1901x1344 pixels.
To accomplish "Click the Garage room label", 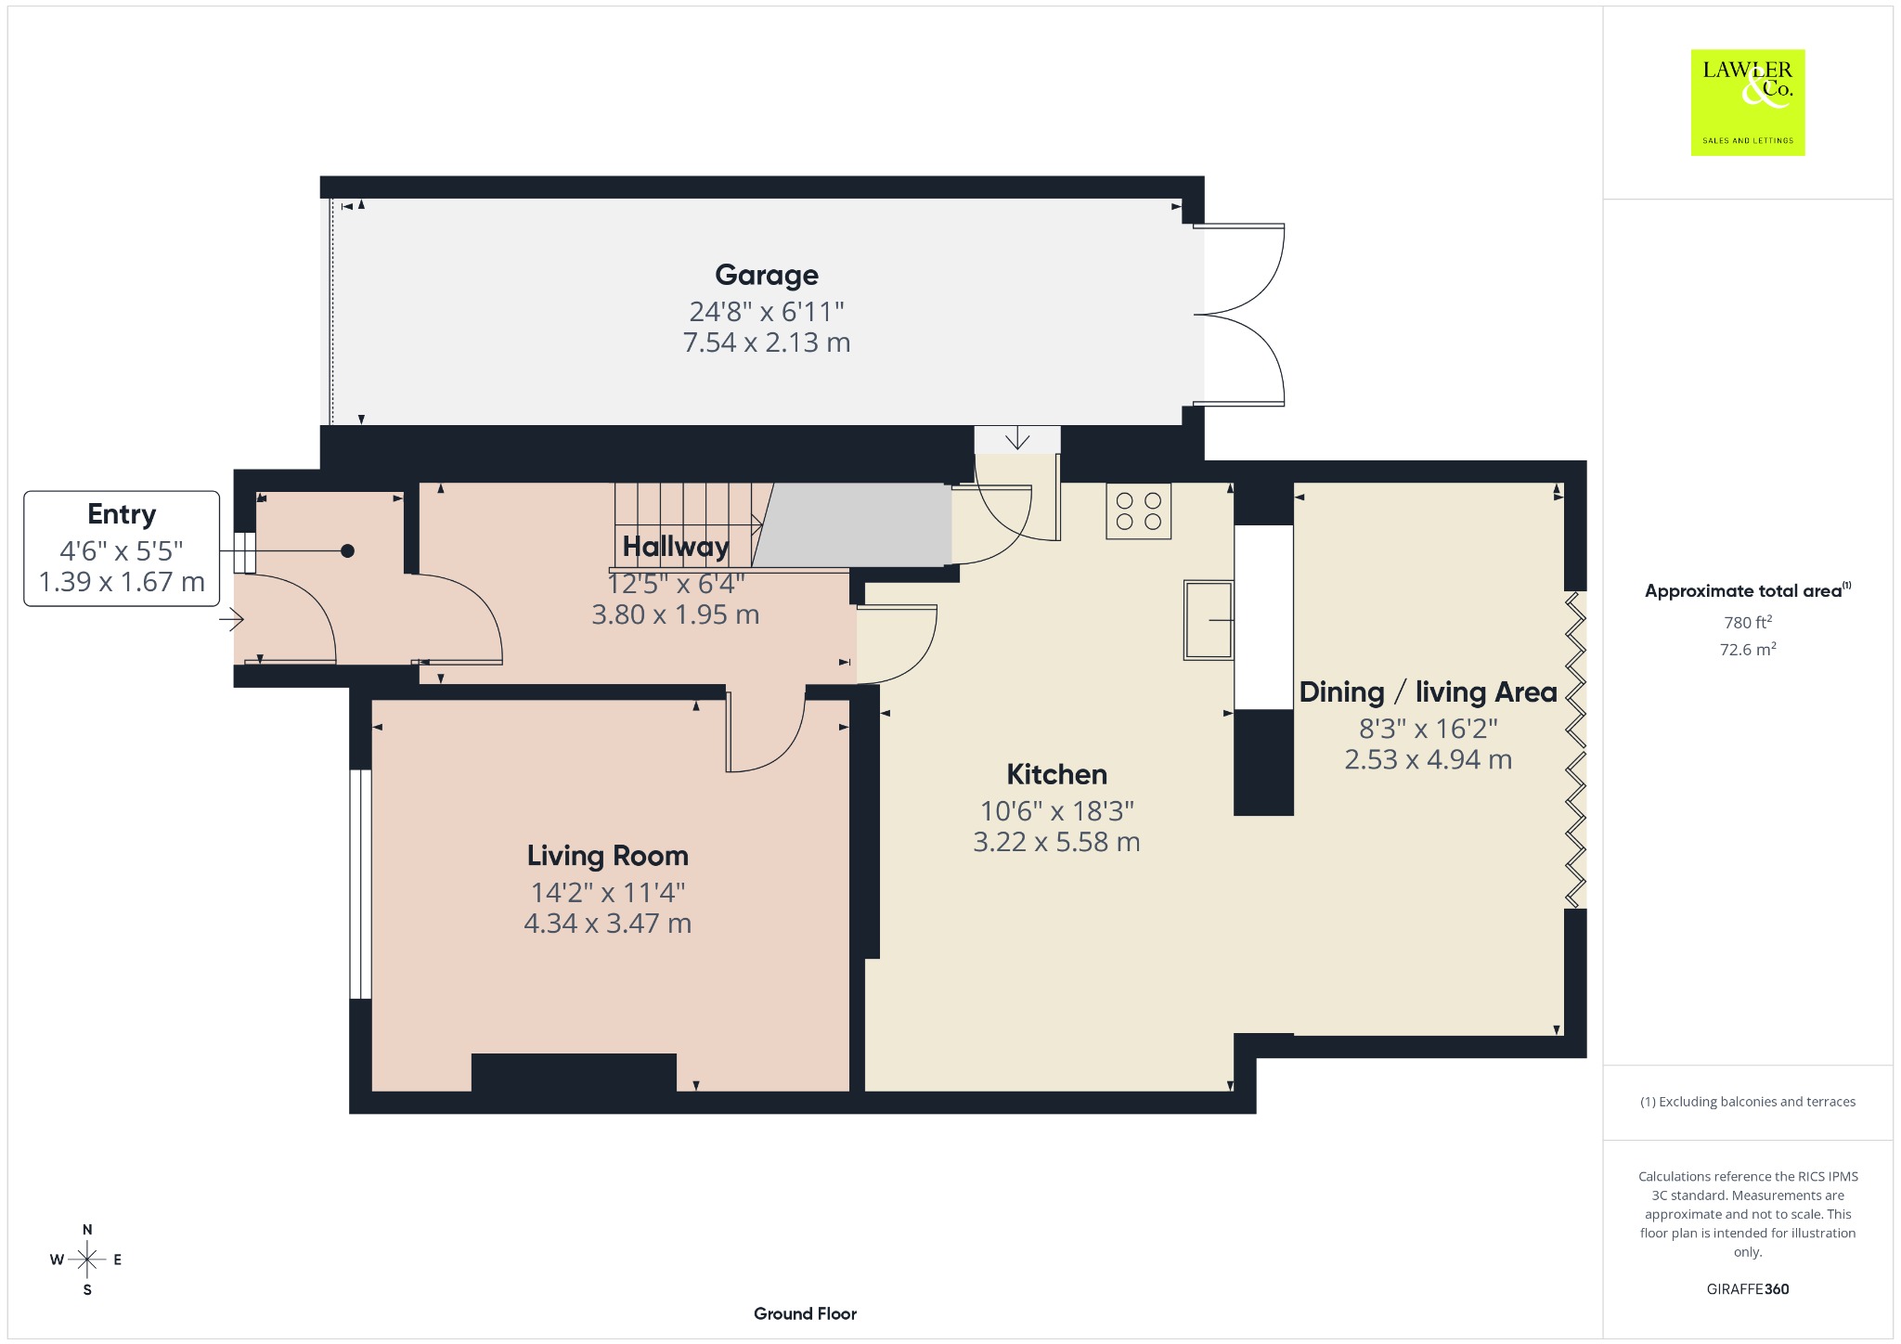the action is [767, 275].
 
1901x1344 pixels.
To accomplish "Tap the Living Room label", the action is [608, 856].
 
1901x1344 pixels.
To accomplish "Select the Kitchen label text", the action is [1057, 774].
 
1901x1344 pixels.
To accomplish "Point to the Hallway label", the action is [676, 547].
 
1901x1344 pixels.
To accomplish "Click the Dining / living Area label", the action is [1428, 692].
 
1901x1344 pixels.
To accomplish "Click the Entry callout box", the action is [122, 549].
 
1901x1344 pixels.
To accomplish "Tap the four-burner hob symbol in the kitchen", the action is [1139, 511].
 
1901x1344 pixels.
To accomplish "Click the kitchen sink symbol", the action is [1209, 620].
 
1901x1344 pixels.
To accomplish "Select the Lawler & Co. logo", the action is [1748, 102].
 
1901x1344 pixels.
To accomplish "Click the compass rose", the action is [87, 1260].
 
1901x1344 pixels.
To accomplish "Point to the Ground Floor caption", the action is [805, 1313].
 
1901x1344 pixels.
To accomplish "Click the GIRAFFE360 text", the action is [1748, 1289].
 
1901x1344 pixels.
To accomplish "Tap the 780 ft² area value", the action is [1748, 622].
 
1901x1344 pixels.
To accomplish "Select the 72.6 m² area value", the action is [1748, 649].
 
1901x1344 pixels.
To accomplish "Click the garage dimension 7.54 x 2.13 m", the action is [767, 342].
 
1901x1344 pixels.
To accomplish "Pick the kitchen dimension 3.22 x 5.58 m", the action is [1056, 842].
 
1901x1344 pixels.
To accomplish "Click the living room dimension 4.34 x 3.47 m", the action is [608, 924].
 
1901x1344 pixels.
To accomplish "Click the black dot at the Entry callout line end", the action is [347, 551].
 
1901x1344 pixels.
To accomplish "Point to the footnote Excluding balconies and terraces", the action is [1748, 1102].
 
